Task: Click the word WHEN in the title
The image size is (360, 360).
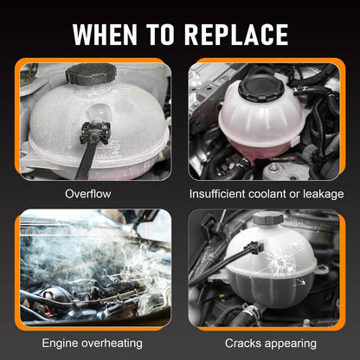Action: click(x=105, y=35)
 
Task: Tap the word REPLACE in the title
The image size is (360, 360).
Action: click(x=236, y=35)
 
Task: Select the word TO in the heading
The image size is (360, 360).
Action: click(x=160, y=35)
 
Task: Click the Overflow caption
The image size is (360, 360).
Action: click(x=87, y=194)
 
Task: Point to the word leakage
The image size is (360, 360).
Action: click(x=323, y=195)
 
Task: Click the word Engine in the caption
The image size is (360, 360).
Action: click(x=60, y=344)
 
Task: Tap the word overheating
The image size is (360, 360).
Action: click(x=112, y=344)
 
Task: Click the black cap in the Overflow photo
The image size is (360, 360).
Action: click(x=91, y=74)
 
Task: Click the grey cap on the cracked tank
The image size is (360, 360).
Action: click(x=267, y=219)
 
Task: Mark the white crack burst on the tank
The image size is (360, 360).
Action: click(x=278, y=261)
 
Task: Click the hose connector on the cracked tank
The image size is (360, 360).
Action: click(x=254, y=247)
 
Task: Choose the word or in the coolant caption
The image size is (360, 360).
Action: click(x=294, y=195)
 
